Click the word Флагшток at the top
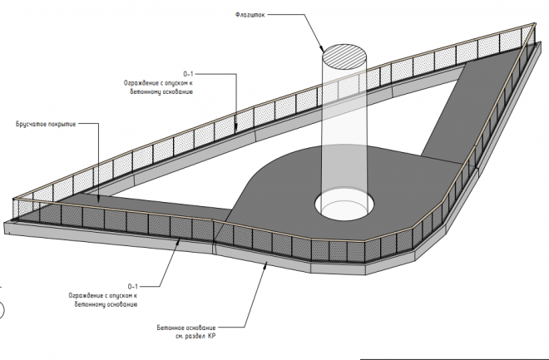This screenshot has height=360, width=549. pyautogui.click(x=250, y=13)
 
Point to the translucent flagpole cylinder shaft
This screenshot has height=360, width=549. pyautogui.click(x=343, y=133)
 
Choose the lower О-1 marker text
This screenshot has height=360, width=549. pyautogui.click(x=133, y=285)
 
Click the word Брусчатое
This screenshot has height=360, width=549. pyautogui.click(x=32, y=124)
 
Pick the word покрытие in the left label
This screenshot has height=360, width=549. pyautogui.click(x=62, y=124)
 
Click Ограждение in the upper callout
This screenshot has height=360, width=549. pyautogui.click(x=139, y=83)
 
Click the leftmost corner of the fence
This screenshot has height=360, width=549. pyautogui.click(x=15, y=200)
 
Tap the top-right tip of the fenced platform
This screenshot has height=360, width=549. pyautogui.click(x=530, y=27)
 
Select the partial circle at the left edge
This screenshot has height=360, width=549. pyautogui.click(x=2, y=310)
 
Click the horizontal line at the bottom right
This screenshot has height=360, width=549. pyautogui.click(x=453, y=358)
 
